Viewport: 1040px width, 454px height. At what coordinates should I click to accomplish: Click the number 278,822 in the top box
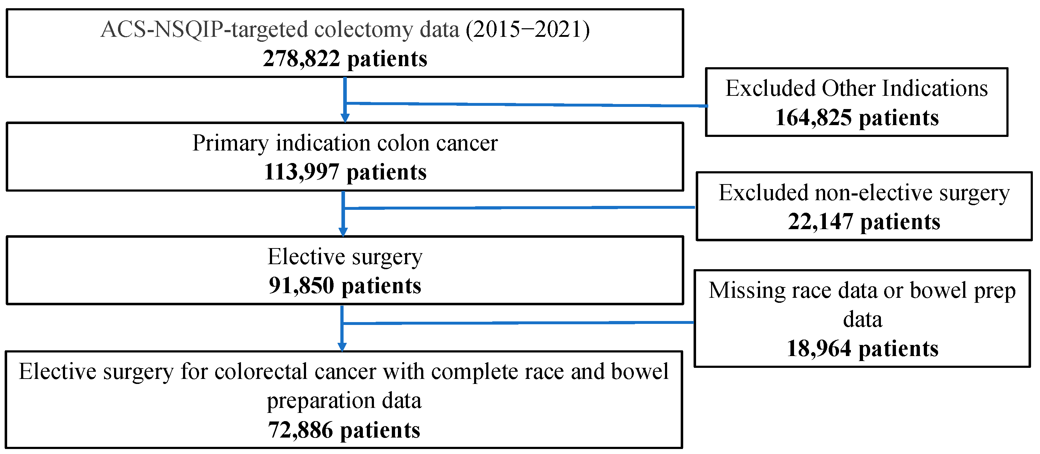tap(301, 59)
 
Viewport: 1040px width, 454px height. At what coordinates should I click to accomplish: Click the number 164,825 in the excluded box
tap(813, 118)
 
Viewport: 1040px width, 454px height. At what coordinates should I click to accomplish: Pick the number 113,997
tap(301, 172)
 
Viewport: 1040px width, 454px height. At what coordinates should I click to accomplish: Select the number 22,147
tap(820, 222)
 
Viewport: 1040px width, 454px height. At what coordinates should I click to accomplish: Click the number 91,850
tap(301, 286)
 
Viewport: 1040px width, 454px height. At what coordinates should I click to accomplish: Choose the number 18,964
tap(819, 348)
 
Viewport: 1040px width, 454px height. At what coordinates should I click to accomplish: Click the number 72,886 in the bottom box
tap(300, 430)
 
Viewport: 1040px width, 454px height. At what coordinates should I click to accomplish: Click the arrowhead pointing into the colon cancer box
tap(345, 118)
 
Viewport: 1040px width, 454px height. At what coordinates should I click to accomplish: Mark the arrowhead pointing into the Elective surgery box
tap(343, 232)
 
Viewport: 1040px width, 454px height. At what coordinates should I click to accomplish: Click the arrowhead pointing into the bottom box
tap(342, 347)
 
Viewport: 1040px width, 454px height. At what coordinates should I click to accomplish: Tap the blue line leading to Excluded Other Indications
tap(525, 104)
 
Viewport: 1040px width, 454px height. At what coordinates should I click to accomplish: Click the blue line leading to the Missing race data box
tap(517, 323)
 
